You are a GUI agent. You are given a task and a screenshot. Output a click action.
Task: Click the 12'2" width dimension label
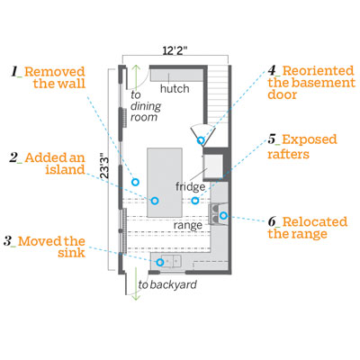[x=175, y=50]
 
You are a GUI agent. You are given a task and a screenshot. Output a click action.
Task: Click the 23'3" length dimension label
[x=103, y=166]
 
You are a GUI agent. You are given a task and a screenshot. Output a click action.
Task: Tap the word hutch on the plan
[x=175, y=88]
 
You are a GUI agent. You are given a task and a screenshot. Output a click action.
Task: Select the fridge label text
[x=190, y=186]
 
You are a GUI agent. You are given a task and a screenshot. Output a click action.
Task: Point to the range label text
[x=188, y=225]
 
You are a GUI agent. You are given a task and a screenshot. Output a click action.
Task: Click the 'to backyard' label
[x=167, y=284]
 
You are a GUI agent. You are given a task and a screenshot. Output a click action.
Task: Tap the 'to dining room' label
[x=146, y=106]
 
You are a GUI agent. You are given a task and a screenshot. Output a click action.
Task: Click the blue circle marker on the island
[x=155, y=201]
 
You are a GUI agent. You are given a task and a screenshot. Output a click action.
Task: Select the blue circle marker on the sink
[x=160, y=262]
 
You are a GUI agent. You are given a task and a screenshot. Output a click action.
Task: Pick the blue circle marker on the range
[x=223, y=215]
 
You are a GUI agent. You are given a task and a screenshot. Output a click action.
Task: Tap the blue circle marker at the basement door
[x=201, y=140]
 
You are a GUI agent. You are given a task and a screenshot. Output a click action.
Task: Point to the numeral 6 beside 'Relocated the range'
[x=272, y=221]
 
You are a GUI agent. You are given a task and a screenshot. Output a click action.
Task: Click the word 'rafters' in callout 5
[x=288, y=154]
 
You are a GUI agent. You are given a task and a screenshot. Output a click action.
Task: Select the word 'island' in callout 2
[x=65, y=169]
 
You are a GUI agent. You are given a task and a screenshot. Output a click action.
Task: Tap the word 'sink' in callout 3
[x=71, y=253]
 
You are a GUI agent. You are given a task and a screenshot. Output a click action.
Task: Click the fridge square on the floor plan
[x=213, y=166]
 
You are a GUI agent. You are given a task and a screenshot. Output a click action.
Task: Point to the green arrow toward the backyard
[x=136, y=283]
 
